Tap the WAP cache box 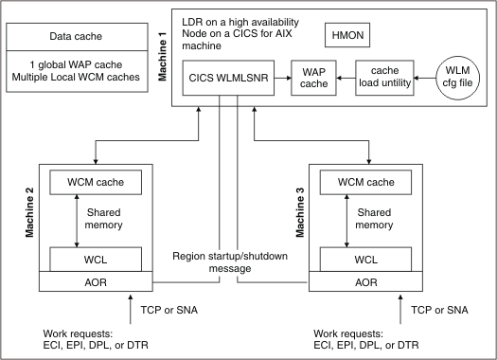(313, 77)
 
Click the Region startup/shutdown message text (230, 262)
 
